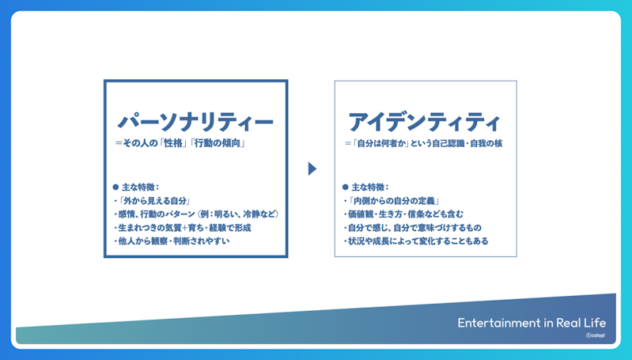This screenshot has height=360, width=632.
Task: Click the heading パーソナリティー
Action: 195,122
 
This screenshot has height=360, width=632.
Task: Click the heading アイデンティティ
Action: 425,122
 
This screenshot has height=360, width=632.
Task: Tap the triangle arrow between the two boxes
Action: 312,169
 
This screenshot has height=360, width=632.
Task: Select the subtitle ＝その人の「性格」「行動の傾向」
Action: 180,143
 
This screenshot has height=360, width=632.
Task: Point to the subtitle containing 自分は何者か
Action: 424,143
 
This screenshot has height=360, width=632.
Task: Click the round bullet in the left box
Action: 115,187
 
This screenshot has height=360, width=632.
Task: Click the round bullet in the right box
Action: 346,187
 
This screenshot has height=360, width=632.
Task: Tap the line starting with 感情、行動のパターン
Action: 196,214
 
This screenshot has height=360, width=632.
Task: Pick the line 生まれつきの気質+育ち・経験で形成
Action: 183,228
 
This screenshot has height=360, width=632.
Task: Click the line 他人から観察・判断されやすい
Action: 172,241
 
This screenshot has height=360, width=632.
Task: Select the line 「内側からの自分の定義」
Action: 392,201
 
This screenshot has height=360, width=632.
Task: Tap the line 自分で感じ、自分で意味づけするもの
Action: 413,228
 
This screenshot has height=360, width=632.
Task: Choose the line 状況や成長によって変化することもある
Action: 416,241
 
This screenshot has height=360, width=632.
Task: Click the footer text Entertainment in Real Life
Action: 532,323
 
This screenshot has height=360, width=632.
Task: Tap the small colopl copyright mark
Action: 596,335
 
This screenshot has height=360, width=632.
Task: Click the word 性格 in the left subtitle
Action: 173,143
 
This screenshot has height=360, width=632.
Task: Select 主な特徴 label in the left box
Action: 141,187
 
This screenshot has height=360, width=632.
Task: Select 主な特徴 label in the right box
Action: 370,187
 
